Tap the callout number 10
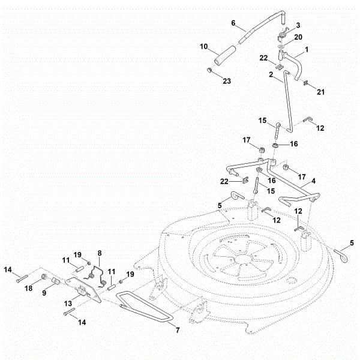point(203,46)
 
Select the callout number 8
point(100,253)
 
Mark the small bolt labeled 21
point(307,83)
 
